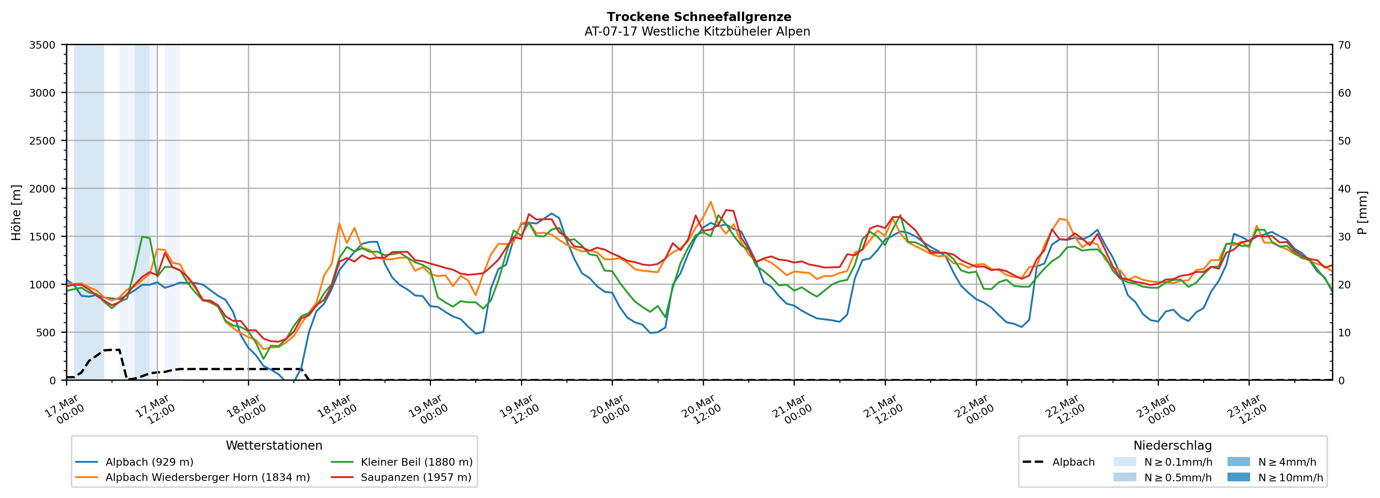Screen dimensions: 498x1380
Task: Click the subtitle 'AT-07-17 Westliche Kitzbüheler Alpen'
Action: pyautogui.click(x=697, y=32)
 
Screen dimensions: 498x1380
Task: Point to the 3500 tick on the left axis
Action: pyautogui.click(x=42, y=45)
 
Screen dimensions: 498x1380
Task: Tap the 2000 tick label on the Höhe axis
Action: pyautogui.click(x=42, y=189)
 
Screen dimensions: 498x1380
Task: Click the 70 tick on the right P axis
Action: pyautogui.click(x=1344, y=45)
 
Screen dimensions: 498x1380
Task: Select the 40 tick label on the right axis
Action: pyautogui.click(x=1344, y=189)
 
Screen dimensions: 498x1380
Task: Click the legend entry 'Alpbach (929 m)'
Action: pyautogui.click(x=149, y=462)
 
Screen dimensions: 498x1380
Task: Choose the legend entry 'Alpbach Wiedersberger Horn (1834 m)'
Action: pyautogui.click(x=207, y=478)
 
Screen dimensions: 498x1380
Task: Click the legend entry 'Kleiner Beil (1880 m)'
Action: pyautogui.click(x=416, y=462)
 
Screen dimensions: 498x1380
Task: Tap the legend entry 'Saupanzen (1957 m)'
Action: pyautogui.click(x=416, y=478)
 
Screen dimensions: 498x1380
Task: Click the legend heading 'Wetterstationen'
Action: pyautogui.click(x=274, y=445)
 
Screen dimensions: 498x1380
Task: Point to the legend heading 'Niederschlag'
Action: pyautogui.click(x=1172, y=445)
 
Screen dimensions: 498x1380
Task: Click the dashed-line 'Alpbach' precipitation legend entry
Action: pyautogui.click(x=1073, y=462)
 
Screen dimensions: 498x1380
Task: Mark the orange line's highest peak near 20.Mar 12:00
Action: pyautogui.click(x=711, y=202)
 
